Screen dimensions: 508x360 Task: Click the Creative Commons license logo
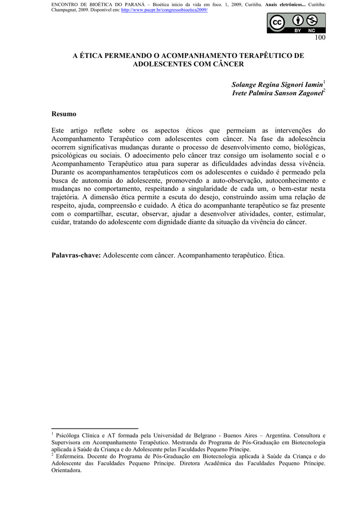[296, 23]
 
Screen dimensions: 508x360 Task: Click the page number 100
[319, 39]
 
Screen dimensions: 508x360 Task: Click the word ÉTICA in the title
[92, 56]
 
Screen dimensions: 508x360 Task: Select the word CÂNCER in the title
[227, 64]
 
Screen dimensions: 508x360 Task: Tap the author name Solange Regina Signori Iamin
[277, 85]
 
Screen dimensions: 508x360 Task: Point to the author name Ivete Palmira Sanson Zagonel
[277, 93]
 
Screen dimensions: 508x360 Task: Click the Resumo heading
[64, 114]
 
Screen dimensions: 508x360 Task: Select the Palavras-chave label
[76, 255]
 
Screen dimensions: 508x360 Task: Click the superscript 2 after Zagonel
[325, 91]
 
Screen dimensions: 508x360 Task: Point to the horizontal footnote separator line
[95, 428]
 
